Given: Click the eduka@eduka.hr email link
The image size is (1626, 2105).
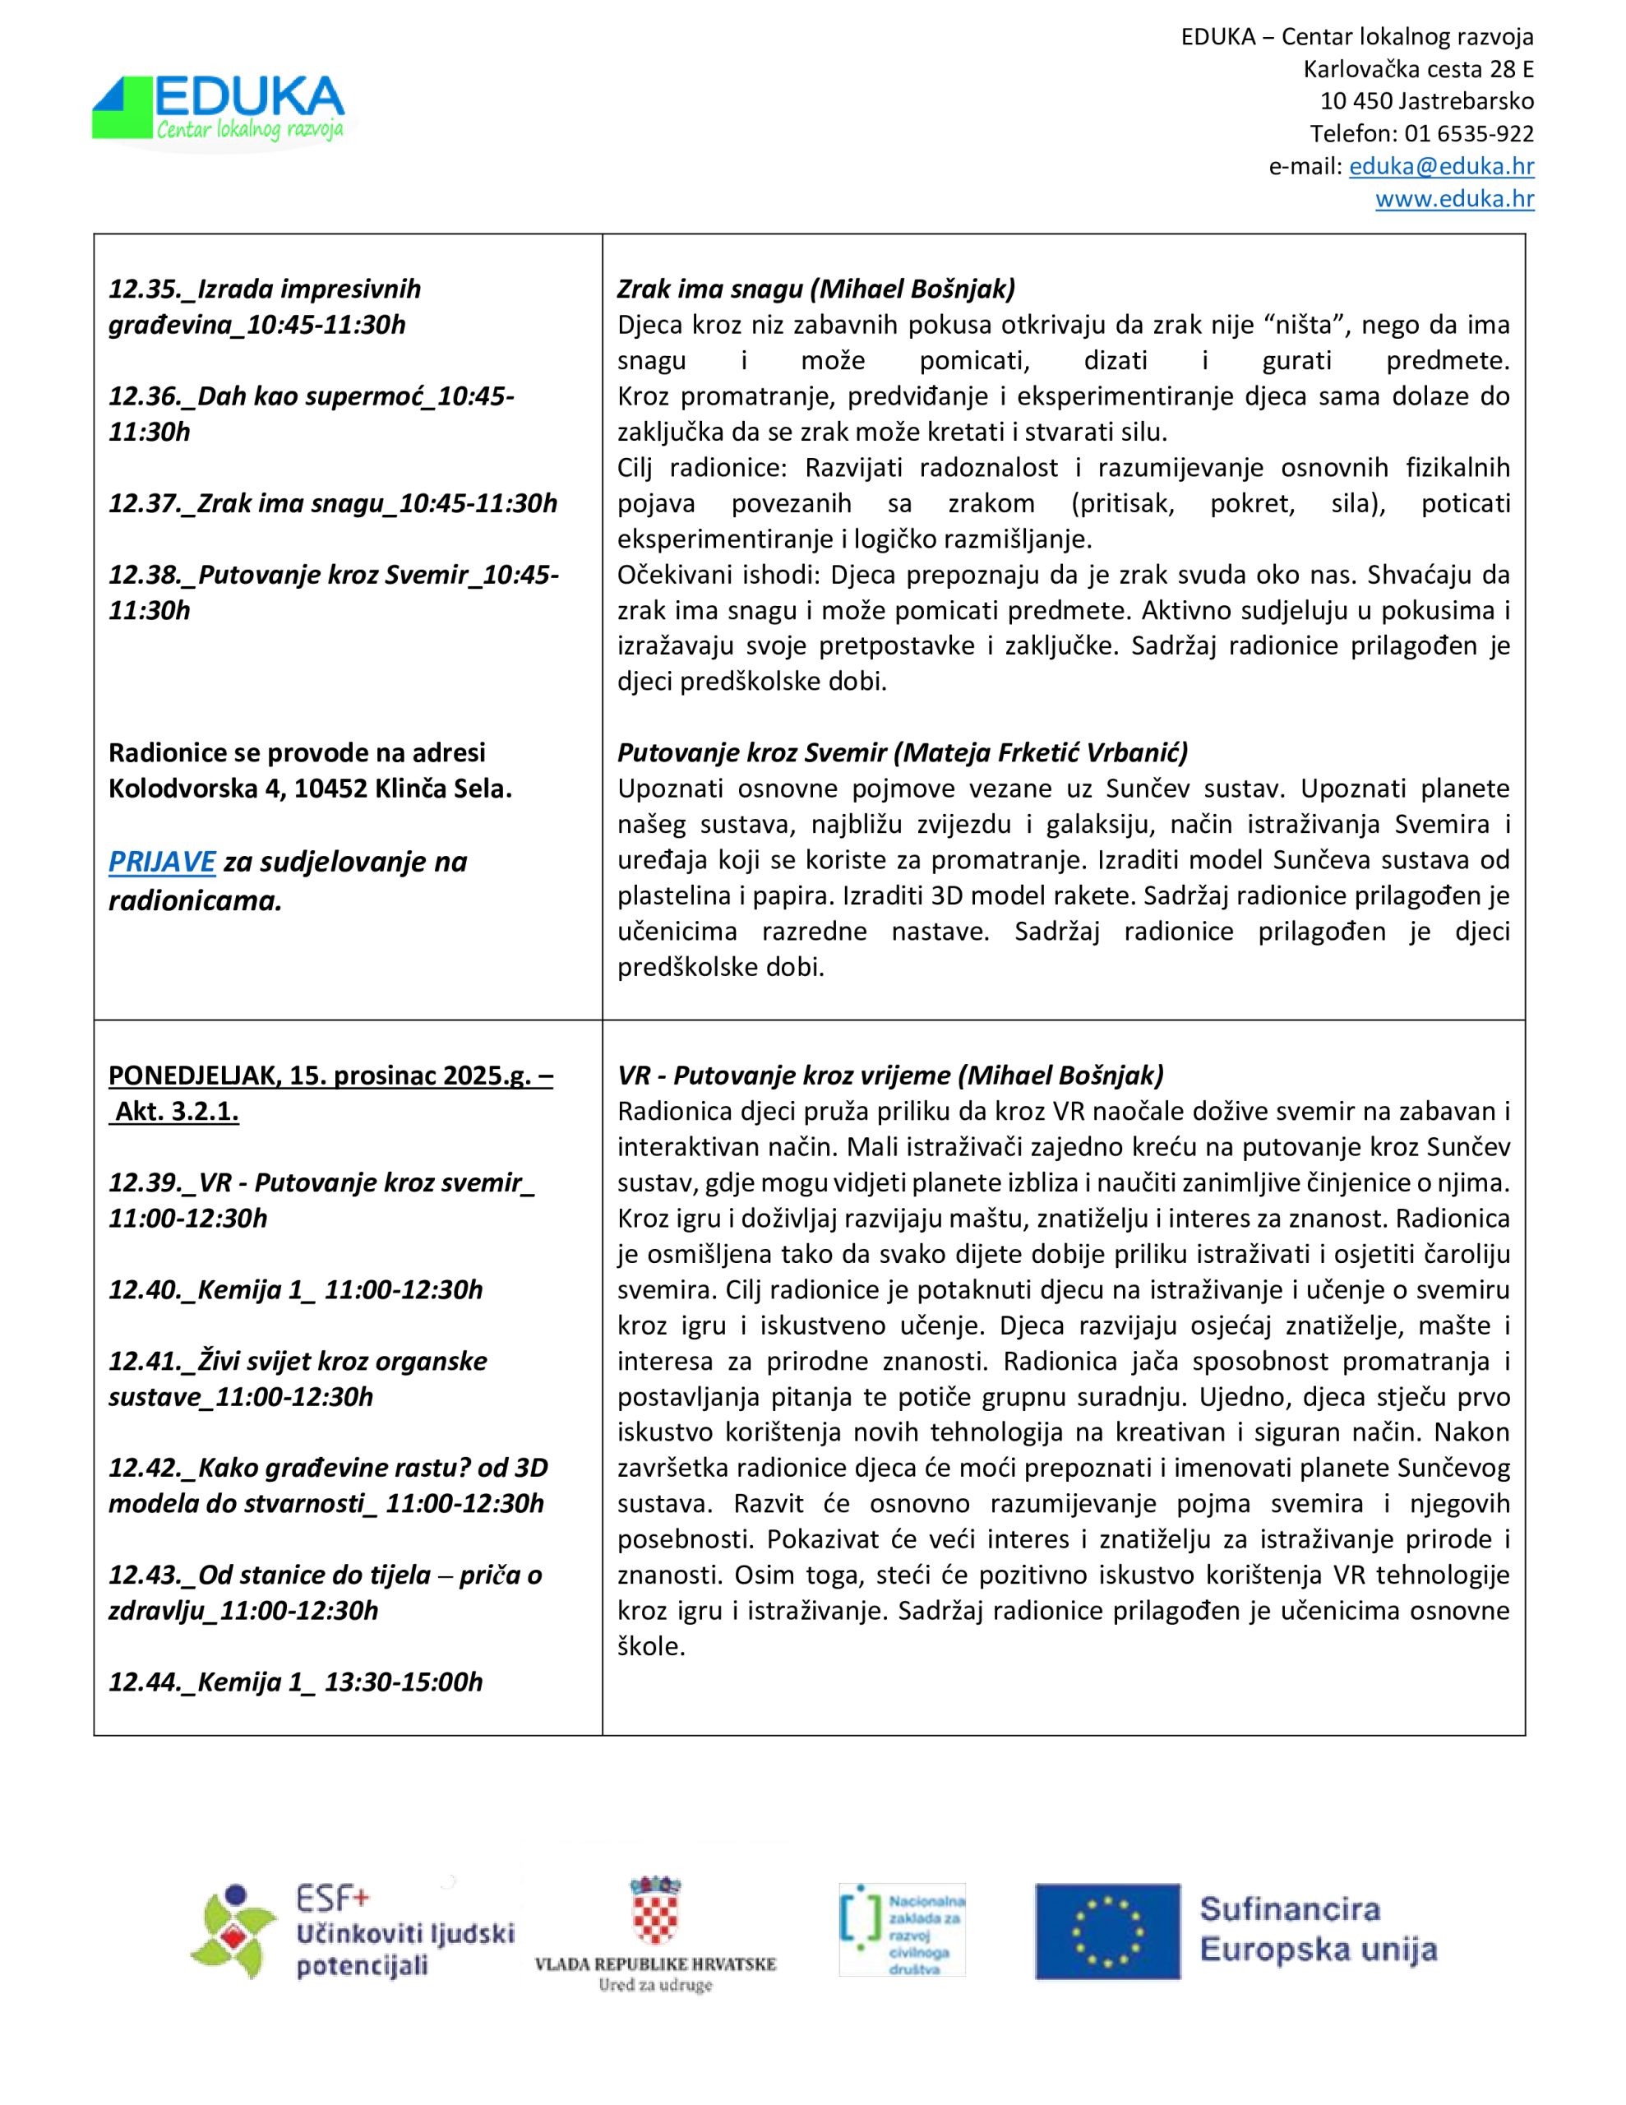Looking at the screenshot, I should coord(1441,166).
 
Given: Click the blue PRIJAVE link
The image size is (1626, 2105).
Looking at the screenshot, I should coord(161,861).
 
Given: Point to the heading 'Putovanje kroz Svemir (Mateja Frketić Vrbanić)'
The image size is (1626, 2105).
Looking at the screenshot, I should coord(902,752).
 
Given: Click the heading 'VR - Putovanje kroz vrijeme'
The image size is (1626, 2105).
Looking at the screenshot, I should coord(889,1075).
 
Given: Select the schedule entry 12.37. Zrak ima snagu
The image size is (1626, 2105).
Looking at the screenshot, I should coord(333,503).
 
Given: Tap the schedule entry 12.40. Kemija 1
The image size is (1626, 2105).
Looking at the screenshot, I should coord(295,1289).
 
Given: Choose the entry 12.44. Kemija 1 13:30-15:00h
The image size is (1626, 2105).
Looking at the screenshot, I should coord(295,1682).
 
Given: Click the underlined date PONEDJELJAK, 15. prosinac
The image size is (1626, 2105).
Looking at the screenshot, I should coord(330,1076).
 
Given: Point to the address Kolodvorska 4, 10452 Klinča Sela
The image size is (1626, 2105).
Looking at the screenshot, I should coord(309,789).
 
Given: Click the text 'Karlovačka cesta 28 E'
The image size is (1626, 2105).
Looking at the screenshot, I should coord(1418,69).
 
